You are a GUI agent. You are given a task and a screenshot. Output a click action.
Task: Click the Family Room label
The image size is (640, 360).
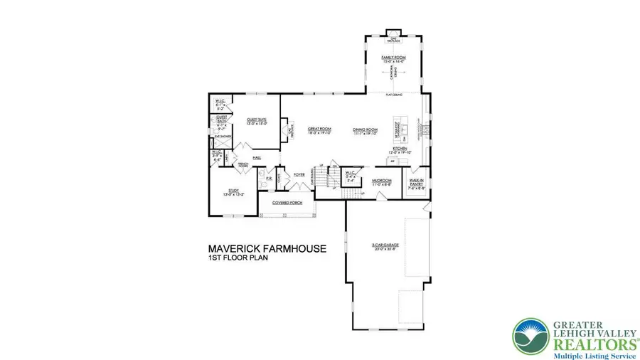click(x=393, y=58)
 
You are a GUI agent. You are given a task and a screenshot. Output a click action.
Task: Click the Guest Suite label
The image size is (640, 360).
click(x=256, y=121)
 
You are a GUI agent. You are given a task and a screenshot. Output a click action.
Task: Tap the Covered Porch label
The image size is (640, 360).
click(x=284, y=203)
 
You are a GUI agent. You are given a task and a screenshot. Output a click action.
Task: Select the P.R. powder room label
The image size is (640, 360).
click(x=270, y=179)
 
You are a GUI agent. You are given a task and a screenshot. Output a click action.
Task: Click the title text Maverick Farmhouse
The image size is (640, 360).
click(x=267, y=249)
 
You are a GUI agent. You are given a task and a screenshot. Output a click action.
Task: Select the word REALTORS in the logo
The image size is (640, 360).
click(x=591, y=340)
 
